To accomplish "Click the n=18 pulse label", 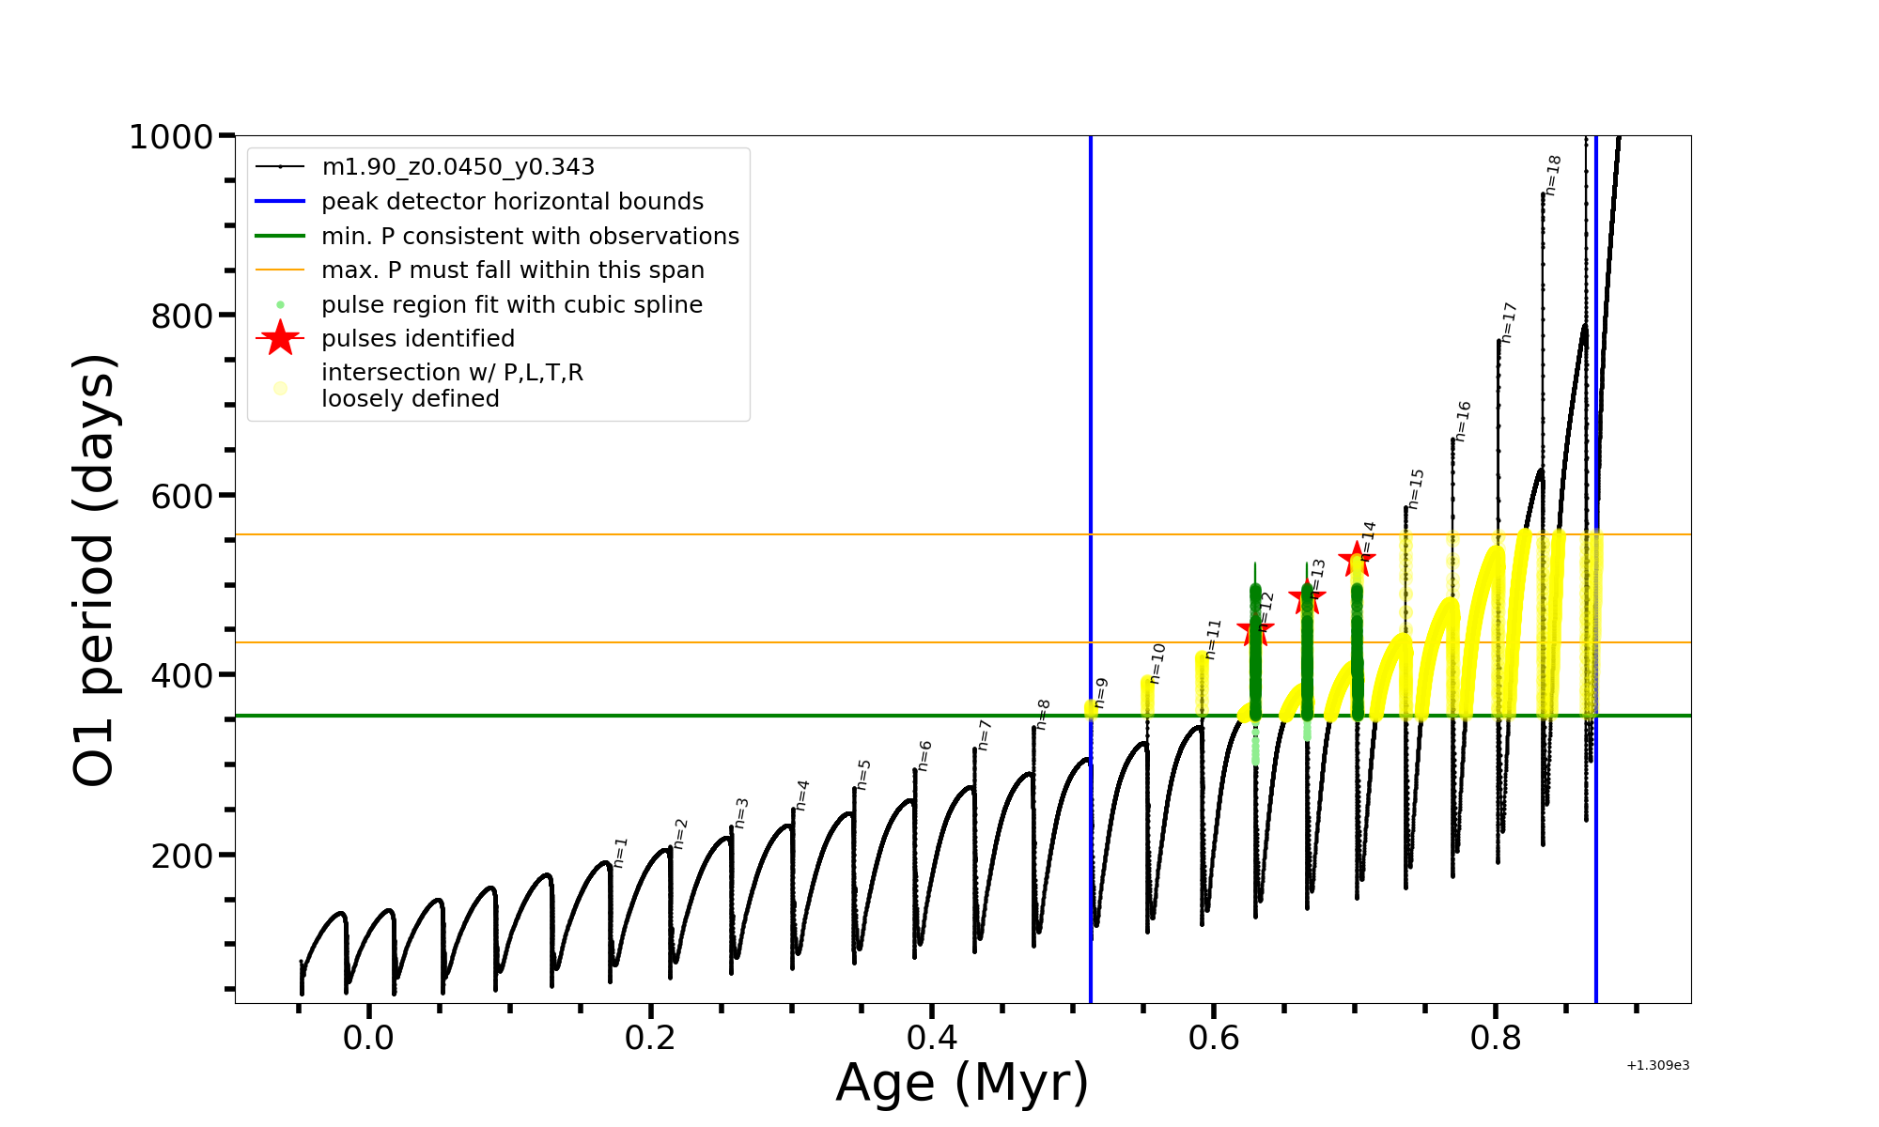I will click(1553, 176).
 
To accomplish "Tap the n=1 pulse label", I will click(620, 853).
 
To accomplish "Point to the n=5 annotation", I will click(863, 775).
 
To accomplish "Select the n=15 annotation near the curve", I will click(1416, 489).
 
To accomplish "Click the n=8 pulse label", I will click(1043, 715).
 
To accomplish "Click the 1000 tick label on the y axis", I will click(171, 137).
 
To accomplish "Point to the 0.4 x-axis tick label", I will click(932, 1038).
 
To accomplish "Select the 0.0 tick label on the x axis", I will click(368, 1038).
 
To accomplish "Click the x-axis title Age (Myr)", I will click(962, 1083).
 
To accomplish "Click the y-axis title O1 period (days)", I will click(94, 570).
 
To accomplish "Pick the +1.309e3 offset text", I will click(1657, 1065).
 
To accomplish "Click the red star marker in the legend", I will click(280, 338).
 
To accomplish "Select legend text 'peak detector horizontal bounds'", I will click(512, 202).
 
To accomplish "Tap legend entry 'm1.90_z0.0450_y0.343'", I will click(458, 167).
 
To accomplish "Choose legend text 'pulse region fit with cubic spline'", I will click(511, 305).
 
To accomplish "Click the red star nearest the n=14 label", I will click(1357, 560).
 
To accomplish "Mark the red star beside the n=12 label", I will click(1255, 630).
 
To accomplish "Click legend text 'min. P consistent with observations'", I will click(530, 237).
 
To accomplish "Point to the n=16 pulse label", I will click(1463, 422).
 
